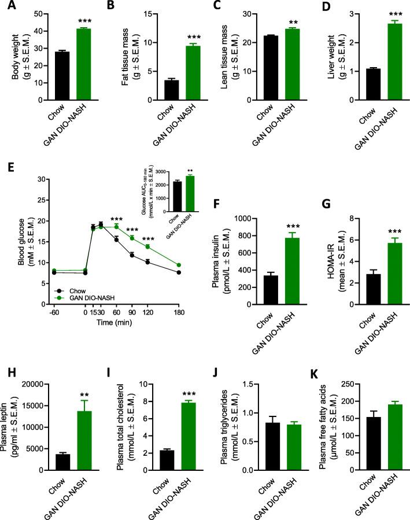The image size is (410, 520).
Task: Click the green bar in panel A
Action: pos(84,64)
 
